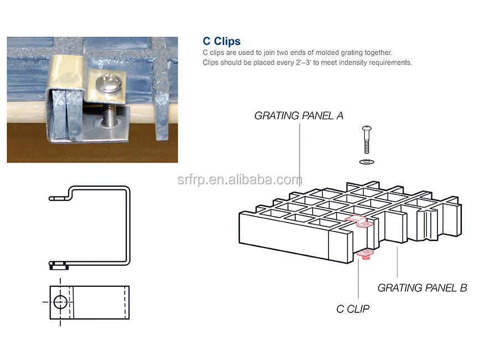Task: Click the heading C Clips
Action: pos(222,41)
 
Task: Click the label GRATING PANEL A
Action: pos(298,116)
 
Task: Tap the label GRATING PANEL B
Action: pos(422,288)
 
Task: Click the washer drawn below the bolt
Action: pos(366,161)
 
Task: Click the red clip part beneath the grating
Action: pos(365,254)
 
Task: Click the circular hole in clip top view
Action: pos(61,302)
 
